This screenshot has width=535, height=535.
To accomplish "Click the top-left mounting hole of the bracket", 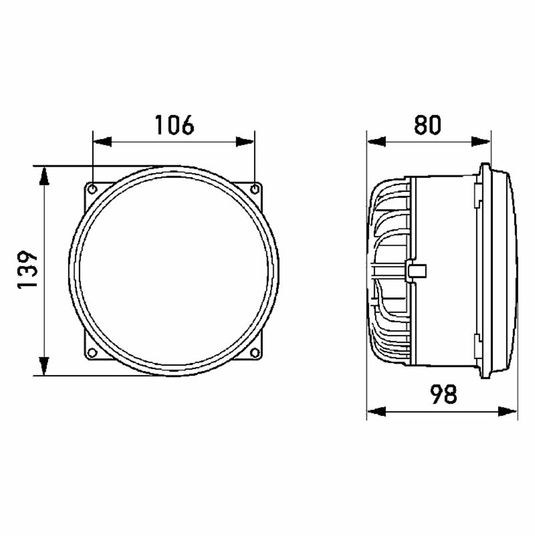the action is [92, 189].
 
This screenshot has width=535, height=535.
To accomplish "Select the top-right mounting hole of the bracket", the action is [254, 189].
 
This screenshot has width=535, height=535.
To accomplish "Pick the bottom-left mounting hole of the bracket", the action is [92, 353].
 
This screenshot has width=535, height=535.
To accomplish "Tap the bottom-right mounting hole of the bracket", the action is [254, 353].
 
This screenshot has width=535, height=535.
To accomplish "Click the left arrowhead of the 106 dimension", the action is [102, 142].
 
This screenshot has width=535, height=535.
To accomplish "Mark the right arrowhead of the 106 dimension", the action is [245, 142].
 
